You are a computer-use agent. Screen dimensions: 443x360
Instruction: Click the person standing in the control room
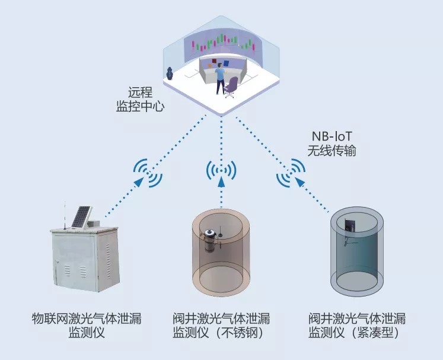pyautogui.click(x=220, y=78)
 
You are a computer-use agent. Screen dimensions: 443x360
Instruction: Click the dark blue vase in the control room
pyautogui.click(x=170, y=74)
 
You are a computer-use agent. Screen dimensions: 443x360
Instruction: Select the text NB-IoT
pyautogui.click(x=332, y=136)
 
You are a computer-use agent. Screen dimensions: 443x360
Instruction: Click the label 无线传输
pyautogui.click(x=332, y=151)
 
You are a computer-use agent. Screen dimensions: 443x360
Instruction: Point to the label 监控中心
pyautogui.click(x=140, y=107)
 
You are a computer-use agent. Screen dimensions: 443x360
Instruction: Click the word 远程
pyautogui.click(x=140, y=93)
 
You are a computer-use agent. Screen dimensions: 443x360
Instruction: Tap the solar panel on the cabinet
pyautogui.click(x=82, y=217)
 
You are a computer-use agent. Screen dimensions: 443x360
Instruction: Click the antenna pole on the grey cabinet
pyautogui.click(x=65, y=215)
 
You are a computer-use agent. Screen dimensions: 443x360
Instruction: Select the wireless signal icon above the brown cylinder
pyautogui.click(x=221, y=171)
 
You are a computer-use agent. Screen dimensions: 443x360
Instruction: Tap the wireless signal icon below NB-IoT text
pyautogui.click(x=291, y=173)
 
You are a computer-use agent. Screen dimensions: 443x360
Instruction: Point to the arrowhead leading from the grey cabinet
pyautogui.click(x=139, y=181)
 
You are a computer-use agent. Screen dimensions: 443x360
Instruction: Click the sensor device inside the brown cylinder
pyautogui.click(x=210, y=240)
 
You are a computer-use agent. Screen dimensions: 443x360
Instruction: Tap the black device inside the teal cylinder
pyautogui.click(x=350, y=225)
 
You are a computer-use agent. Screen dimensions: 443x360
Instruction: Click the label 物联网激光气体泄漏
pyautogui.click(x=87, y=318)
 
